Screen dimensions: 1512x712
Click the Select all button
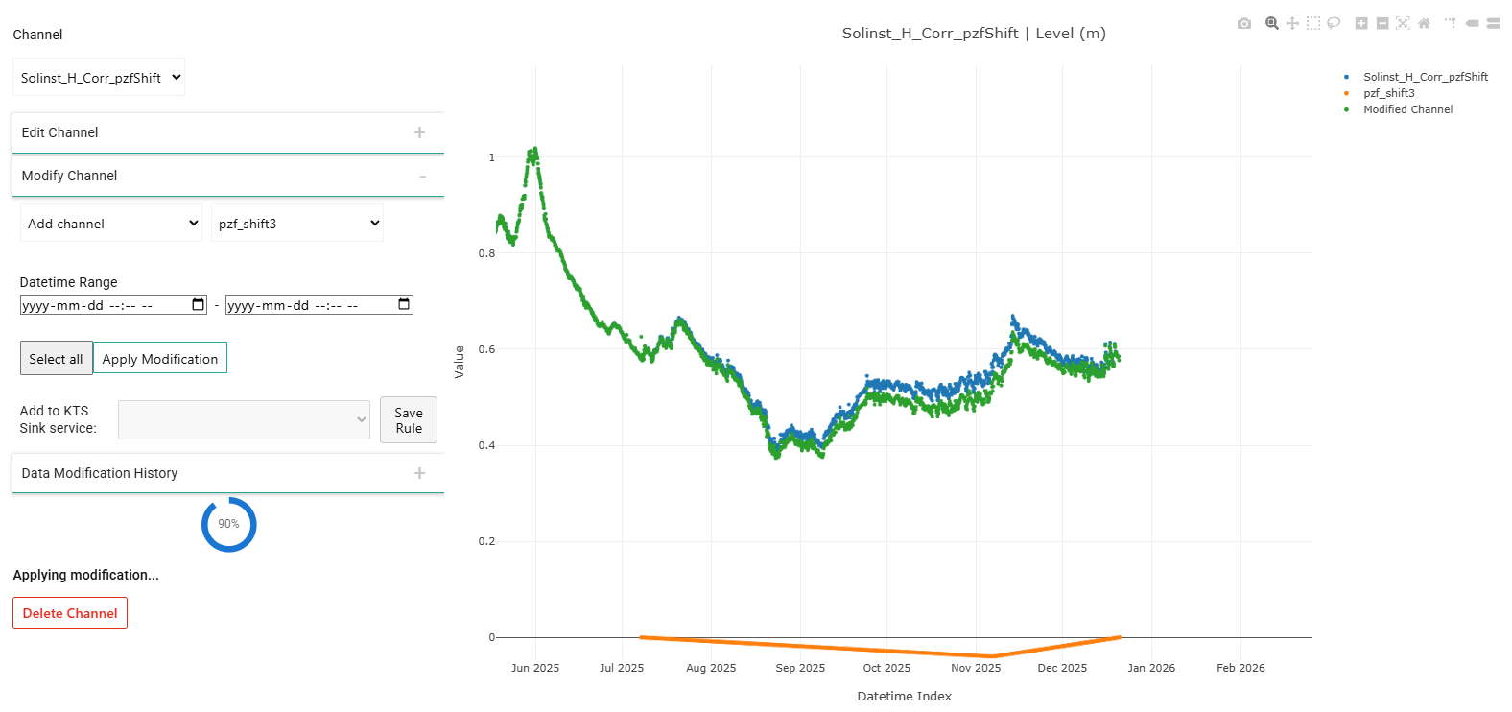[x=56, y=358]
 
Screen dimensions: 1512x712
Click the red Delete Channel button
[x=70, y=613]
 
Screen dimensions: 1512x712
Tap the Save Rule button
[x=409, y=419]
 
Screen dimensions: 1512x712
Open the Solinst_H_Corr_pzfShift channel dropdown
[x=99, y=78]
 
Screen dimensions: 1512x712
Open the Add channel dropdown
[x=111, y=224]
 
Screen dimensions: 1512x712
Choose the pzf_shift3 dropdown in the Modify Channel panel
[x=297, y=224]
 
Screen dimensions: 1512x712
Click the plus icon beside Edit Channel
[x=420, y=132]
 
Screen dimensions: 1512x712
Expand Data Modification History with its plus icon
[x=420, y=473]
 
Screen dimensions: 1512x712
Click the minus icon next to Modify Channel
[x=422, y=177]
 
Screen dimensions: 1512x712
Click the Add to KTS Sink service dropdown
[x=244, y=419]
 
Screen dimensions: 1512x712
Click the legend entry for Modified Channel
[x=1407, y=109]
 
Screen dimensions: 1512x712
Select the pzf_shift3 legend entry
[x=1388, y=93]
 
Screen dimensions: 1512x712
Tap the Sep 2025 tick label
[x=800, y=668]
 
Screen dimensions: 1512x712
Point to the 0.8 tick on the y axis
[x=486, y=253]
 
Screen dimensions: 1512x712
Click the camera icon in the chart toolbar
[x=1244, y=24]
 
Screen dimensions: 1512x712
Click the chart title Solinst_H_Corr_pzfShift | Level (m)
[x=974, y=33]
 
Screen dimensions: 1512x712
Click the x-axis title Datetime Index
[x=905, y=696]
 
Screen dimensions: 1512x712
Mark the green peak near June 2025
[x=534, y=149]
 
